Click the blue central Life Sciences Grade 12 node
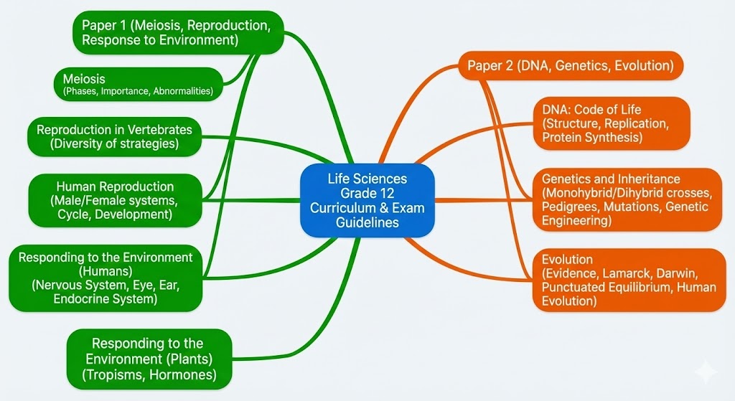pos(367,201)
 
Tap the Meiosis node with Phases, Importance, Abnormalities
pos(139,84)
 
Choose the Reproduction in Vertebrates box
pos(114,136)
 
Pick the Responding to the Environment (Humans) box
pos(106,278)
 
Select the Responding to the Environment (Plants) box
pos(149,359)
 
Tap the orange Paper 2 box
pos(571,66)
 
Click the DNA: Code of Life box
pos(611,123)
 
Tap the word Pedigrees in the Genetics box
pos(571,207)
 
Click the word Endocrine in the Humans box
pos(82,299)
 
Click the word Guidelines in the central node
pos(367,222)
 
